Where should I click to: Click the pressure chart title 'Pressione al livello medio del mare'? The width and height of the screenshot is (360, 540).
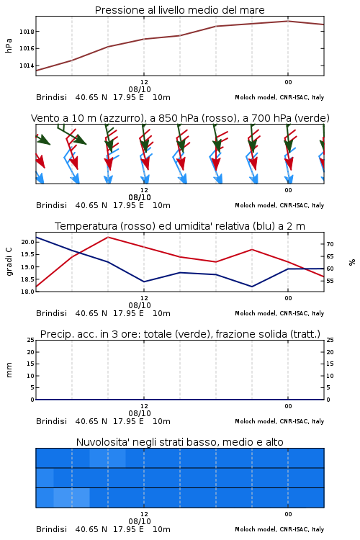pyautogui.click(x=179, y=10)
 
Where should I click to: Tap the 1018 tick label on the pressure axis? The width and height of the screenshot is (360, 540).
pyautogui.click(x=27, y=32)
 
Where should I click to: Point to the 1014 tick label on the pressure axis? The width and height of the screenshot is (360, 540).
pyautogui.click(x=27, y=66)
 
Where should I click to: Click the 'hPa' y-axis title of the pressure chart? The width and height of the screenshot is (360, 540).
pyautogui.click(x=9, y=45)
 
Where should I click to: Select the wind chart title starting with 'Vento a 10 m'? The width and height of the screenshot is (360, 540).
pyautogui.click(x=180, y=118)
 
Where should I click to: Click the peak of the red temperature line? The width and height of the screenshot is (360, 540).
pyautogui.click(x=108, y=237)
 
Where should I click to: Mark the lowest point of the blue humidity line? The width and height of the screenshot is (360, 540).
pyautogui.click(x=252, y=287)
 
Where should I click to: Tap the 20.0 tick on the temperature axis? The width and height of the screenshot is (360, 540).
pyautogui.click(x=28, y=242)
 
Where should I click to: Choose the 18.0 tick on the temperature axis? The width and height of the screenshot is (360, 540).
pyautogui.click(x=28, y=292)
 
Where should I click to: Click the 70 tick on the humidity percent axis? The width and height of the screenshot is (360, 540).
pyautogui.click(x=330, y=244)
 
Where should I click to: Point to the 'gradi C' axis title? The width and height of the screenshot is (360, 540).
pyautogui.click(x=9, y=262)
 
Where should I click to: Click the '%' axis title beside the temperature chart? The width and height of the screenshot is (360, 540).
pyautogui.click(x=352, y=262)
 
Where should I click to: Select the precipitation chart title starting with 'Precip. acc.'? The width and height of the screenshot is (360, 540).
pyautogui.click(x=180, y=334)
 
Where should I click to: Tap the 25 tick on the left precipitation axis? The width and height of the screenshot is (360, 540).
pyautogui.click(x=31, y=340)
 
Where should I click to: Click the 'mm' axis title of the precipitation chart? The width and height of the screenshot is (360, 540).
pyautogui.click(x=9, y=370)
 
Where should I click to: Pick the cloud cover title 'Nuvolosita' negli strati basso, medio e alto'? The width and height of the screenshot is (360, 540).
pyautogui.click(x=179, y=442)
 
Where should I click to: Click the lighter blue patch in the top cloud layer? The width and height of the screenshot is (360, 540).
pyautogui.click(x=107, y=458)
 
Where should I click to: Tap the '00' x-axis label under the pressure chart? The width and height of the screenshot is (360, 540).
pyautogui.click(x=288, y=82)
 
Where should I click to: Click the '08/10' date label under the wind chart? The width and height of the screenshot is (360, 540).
pyautogui.click(x=140, y=197)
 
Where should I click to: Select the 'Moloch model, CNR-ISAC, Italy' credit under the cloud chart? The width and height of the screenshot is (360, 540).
pyautogui.click(x=279, y=529)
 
